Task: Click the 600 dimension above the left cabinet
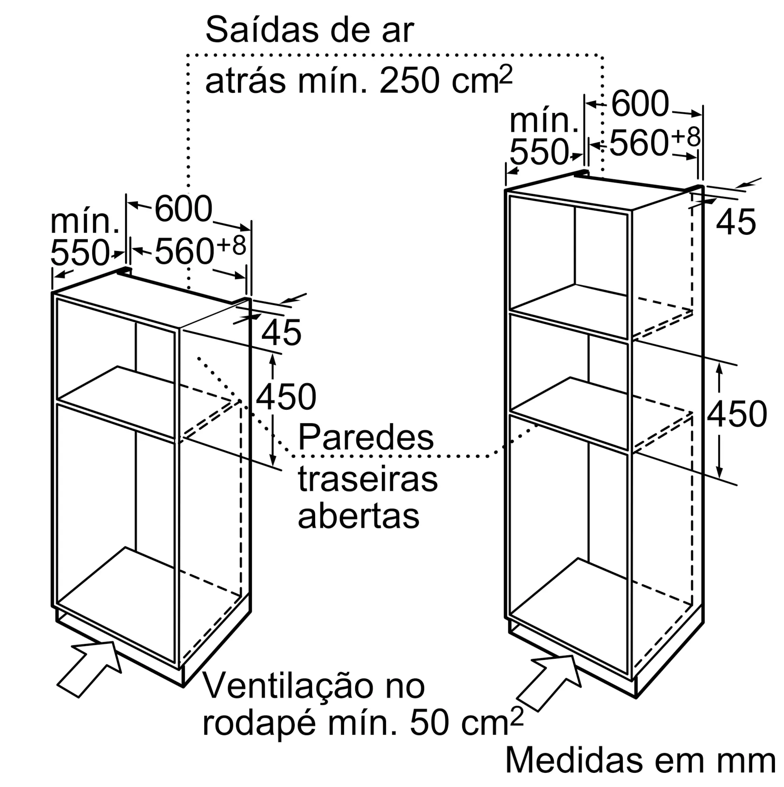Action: tap(183, 209)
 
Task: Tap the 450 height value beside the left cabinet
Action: tap(286, 397)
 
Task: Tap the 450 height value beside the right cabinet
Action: tap(737, 414)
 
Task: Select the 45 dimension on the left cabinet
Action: tap(281, 333)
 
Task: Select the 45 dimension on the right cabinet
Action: tap(736, 222)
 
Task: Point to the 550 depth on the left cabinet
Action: tap(80, 253)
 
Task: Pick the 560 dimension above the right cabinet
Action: tap(638, 143)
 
